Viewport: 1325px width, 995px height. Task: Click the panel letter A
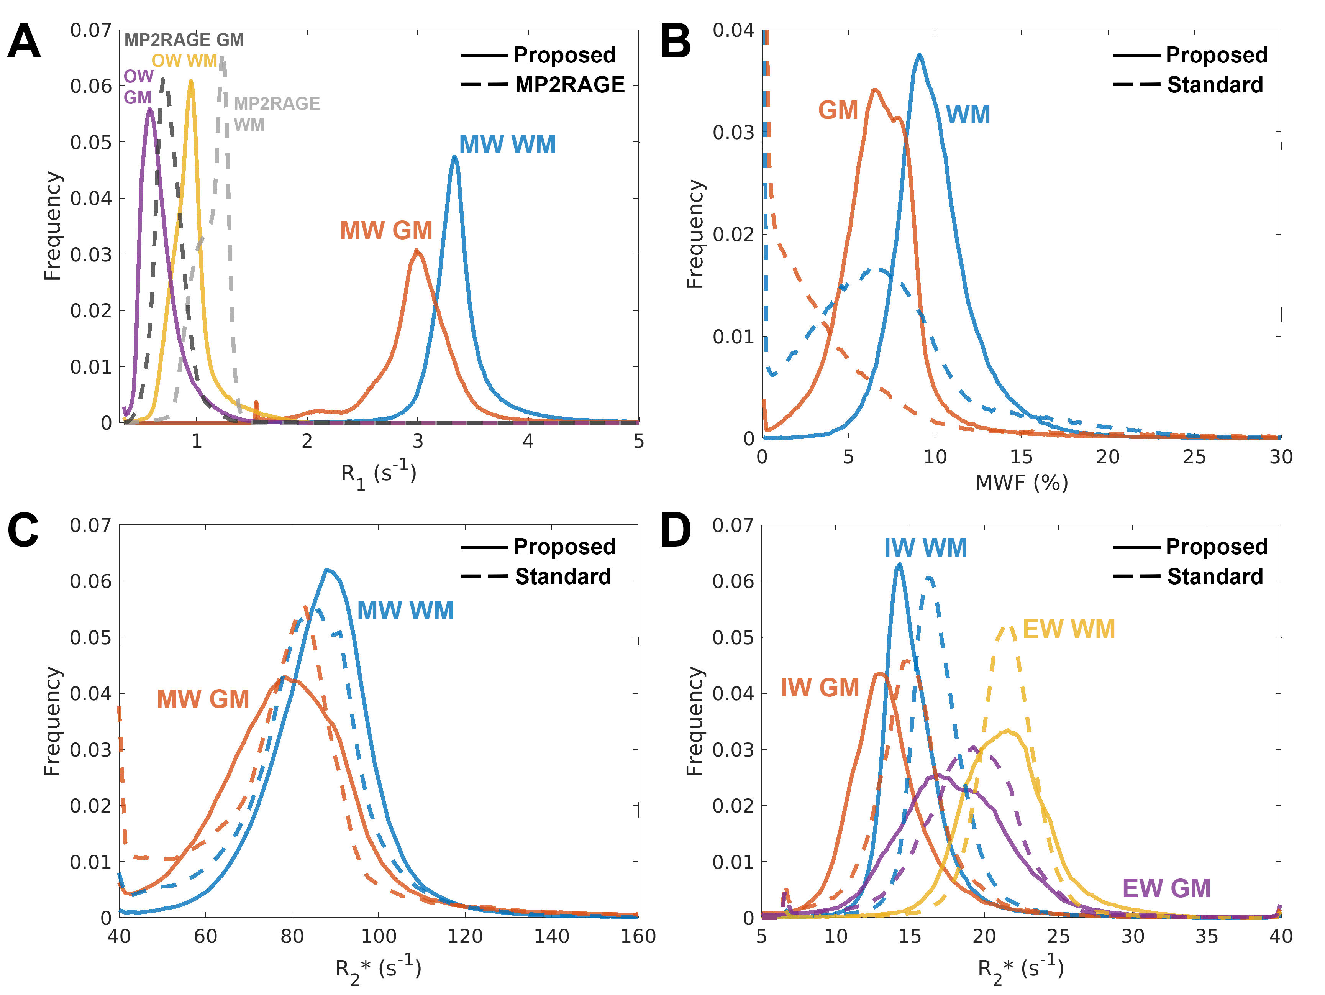(x=24, y=41)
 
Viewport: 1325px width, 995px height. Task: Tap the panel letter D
(x=675, y=531)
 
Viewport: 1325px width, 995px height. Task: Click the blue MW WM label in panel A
(x=507, y=145)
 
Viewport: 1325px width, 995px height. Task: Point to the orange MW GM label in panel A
(x=386, y=231)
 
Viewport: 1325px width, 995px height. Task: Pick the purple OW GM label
(x=138, y=87)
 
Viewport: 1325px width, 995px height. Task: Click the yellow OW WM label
(x=184, y=61)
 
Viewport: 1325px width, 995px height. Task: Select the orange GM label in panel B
(x=838, y=110)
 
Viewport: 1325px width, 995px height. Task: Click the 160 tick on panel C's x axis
(x=638, y=936)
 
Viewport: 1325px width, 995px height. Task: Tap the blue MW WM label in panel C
(x=405, y=611)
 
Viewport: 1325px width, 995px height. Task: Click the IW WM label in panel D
(x=925, y=548)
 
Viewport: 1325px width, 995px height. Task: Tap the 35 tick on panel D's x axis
(x=1206, y=936)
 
